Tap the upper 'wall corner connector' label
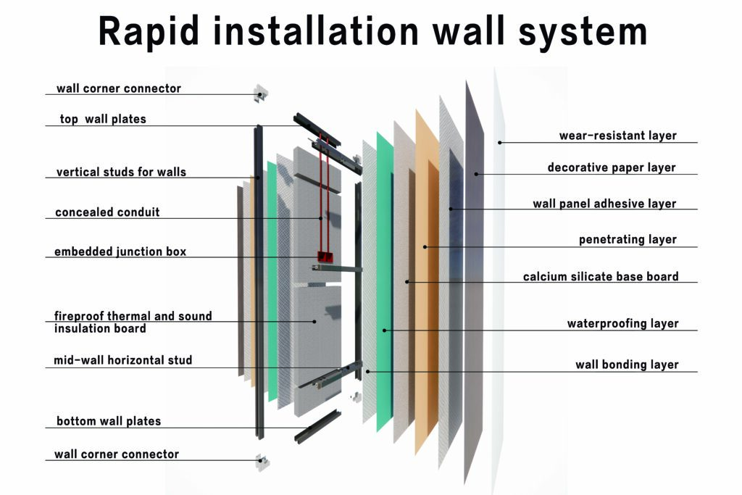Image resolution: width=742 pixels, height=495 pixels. point(119,88)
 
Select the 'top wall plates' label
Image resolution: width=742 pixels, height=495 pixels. point(102,119)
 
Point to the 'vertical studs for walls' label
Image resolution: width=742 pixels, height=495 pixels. point(121,172)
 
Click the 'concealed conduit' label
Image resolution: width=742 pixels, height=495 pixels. point(107,212)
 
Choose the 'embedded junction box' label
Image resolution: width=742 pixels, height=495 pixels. point(120,252)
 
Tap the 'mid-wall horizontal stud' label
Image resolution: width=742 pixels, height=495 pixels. point(123,360)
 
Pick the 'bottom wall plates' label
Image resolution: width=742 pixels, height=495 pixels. point(109,421)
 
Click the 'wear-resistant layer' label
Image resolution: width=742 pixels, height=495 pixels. point(617,136)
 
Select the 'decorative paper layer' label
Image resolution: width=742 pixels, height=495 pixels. point(612,167)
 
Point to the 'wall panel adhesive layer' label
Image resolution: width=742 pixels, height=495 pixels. point(604,204)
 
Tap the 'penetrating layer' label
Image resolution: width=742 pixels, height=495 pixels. point(628,239)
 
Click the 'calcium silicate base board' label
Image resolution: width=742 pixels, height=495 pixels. point(601,276)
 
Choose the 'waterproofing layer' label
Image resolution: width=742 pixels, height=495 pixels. point(622,323)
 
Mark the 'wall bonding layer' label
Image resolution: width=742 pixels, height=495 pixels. point(627,365)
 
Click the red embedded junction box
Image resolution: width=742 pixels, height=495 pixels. point(324,256)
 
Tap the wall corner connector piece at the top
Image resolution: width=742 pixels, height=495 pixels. point(260,93)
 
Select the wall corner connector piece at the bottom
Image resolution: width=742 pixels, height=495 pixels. point(260,461)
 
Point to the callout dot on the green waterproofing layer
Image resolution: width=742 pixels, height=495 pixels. point(385,330)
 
